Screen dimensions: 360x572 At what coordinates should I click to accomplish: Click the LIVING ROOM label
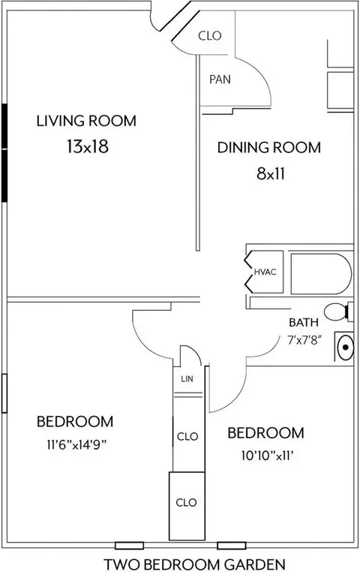[x=86, y=121]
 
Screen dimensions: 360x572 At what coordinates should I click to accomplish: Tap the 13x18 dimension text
[x=88, y=146]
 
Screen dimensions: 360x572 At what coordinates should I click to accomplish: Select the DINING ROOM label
[x=269, y=147]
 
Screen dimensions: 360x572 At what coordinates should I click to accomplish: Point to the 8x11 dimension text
[x=270, y=173]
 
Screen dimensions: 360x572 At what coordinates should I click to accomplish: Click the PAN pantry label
[x=220, y=79]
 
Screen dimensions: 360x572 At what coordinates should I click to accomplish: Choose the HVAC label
[x=265, y=272]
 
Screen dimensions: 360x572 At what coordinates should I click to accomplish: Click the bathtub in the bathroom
[x=322, y=273]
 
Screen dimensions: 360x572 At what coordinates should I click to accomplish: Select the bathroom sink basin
[x=346, y=347]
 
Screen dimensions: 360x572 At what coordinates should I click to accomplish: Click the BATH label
[x=304, y=323]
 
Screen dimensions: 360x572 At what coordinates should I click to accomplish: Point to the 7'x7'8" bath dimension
[x=304, y=341]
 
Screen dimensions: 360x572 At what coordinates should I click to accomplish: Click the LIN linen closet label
[x=187, y=378]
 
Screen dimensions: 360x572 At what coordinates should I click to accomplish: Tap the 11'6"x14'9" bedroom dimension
[x=76, y=444]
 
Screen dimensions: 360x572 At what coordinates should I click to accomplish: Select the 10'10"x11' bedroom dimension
[x=268, y=456]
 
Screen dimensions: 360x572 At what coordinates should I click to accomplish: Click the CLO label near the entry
[x=210, y=36]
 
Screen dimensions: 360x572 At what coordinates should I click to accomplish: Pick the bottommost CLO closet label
[x=186, y=503]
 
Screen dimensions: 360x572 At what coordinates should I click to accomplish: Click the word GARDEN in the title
[x=254, y=564]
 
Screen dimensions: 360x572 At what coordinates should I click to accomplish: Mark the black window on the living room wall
[x=4, y=153]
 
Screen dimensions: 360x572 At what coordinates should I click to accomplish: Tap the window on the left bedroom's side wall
[x=4, y=393]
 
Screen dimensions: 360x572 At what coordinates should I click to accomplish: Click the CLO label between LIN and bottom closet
[x=187, y=436]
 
